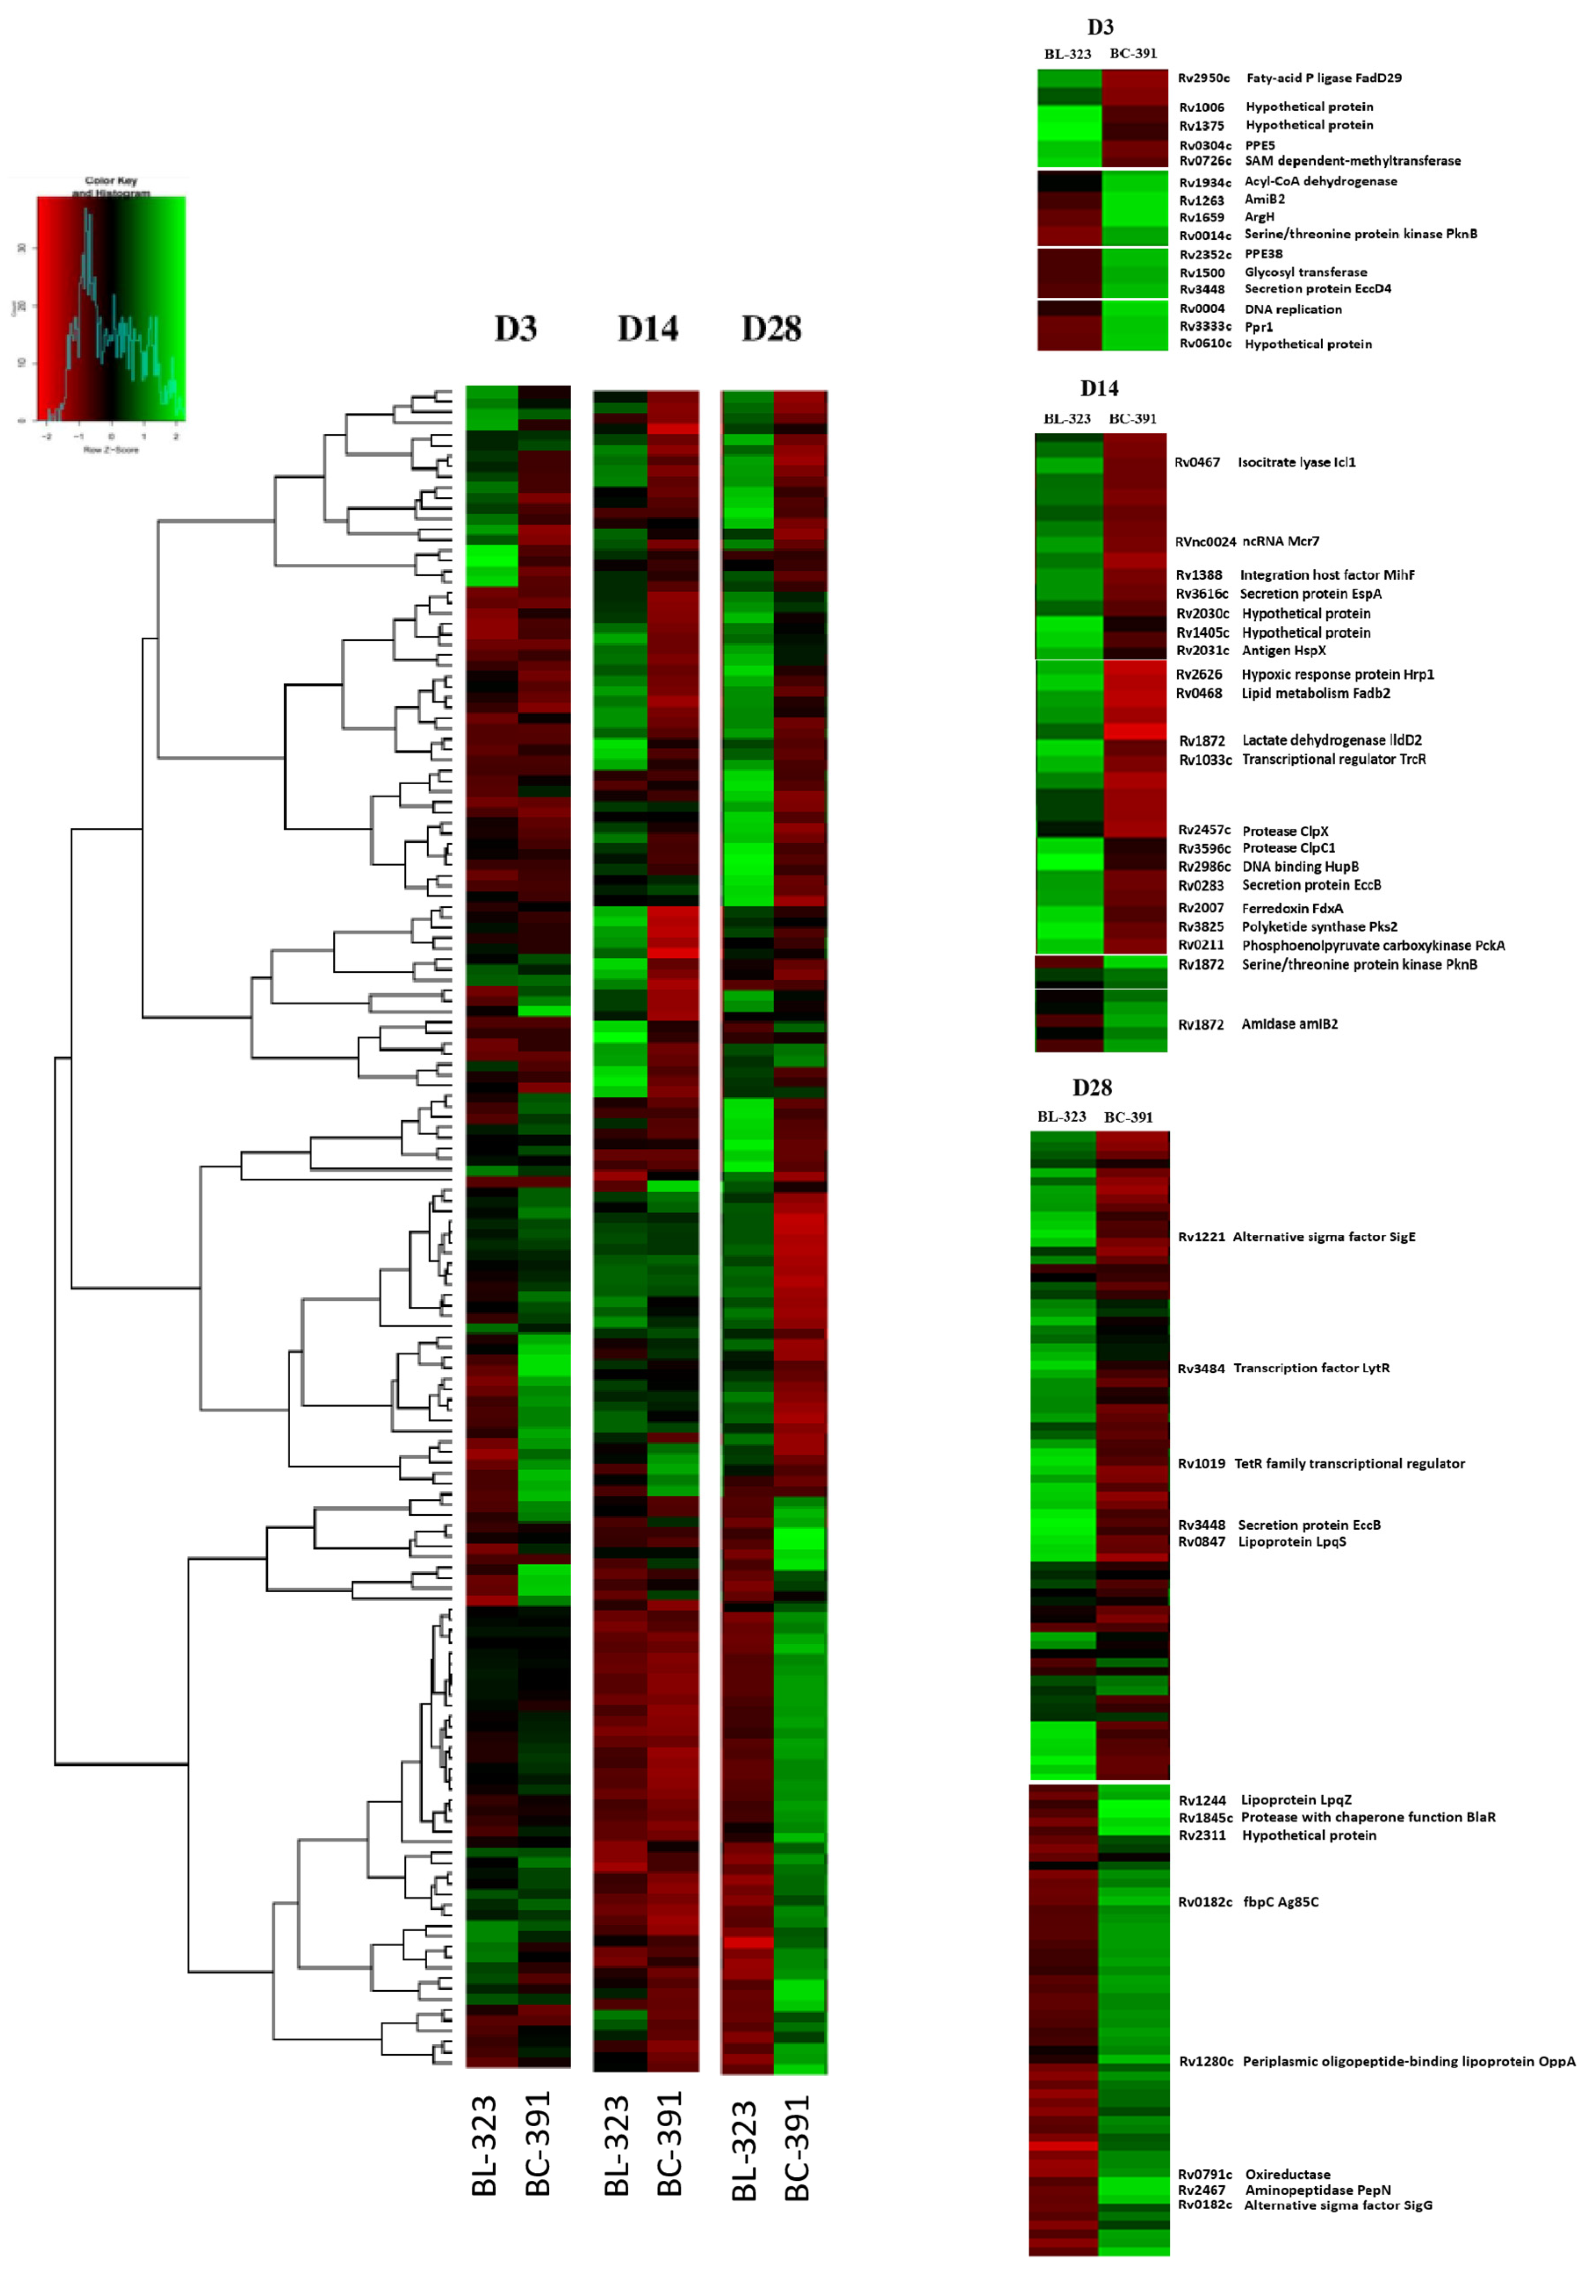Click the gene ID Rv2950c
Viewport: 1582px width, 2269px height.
tap(1203, 78)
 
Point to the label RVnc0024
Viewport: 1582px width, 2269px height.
tap(1204, 541)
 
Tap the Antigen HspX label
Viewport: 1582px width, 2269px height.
tap(1283, 650)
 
